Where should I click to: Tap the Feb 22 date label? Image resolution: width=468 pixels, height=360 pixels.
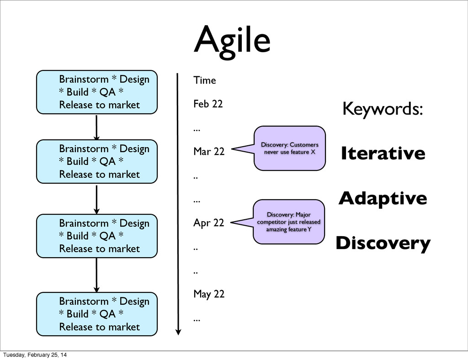tap(208, 104)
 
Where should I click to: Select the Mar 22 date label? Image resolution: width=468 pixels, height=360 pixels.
tap(208, 151)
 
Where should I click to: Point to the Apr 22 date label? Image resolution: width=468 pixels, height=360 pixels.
tap(208, 223)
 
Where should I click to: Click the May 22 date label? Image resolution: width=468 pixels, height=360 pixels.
tap(209, 294)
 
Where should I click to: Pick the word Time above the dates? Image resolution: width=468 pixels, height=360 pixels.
tap(204, 80)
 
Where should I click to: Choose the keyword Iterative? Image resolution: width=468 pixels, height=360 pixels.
tap(383, 153)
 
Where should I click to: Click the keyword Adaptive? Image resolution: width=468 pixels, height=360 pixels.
tap(383, 198)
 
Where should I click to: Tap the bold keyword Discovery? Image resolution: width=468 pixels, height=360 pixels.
tap(383, 243)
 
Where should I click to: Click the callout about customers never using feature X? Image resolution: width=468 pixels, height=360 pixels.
tap(289, 148)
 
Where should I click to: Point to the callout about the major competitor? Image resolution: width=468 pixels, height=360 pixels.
tap(289, 222)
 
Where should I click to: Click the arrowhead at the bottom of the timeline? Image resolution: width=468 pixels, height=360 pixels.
tap(178, 332)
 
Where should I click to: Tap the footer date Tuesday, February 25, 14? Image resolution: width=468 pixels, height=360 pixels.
tap(35, 355)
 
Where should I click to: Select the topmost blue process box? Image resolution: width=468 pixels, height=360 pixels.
tap(97, 92)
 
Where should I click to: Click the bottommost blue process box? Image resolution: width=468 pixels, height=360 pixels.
tap(97, 314)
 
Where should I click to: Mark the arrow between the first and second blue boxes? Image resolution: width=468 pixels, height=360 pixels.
tap(96, 127)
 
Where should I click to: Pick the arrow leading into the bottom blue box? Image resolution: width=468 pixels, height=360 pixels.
tap(96, 275)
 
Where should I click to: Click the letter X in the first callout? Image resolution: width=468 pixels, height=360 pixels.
tap(313, 152)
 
